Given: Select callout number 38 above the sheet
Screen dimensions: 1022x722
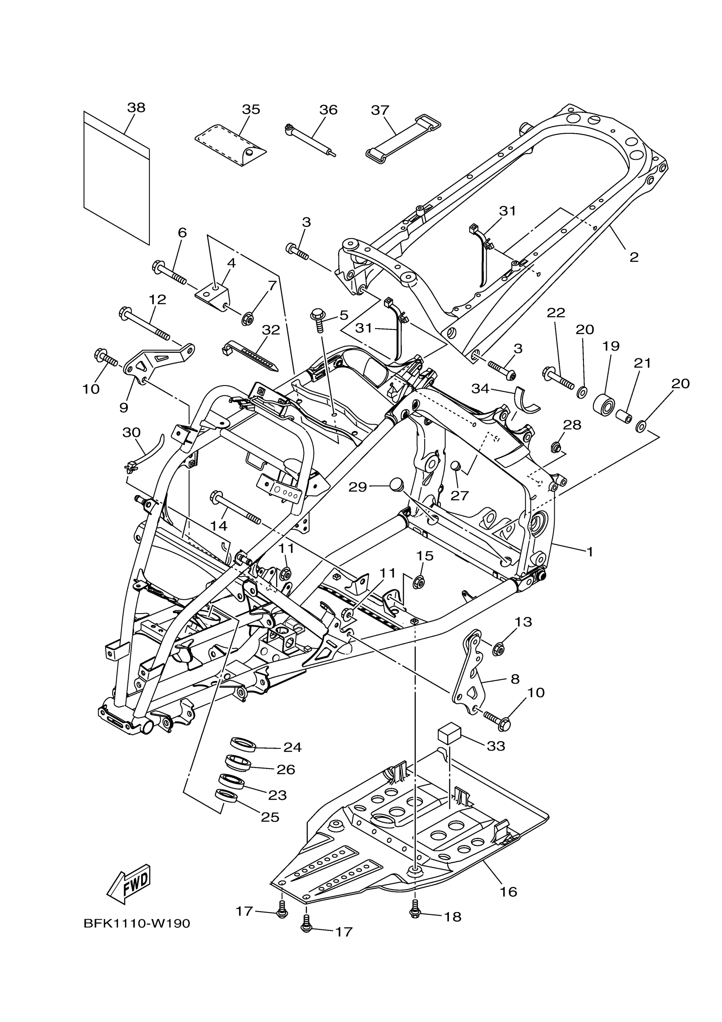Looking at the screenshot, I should (136, 108).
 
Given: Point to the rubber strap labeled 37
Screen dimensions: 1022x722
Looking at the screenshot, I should (403, 137).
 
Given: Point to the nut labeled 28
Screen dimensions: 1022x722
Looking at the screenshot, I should (556, 446).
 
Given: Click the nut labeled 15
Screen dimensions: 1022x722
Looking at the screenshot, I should (418, 581).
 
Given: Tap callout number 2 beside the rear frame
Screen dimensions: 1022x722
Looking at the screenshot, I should (634, 257).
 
